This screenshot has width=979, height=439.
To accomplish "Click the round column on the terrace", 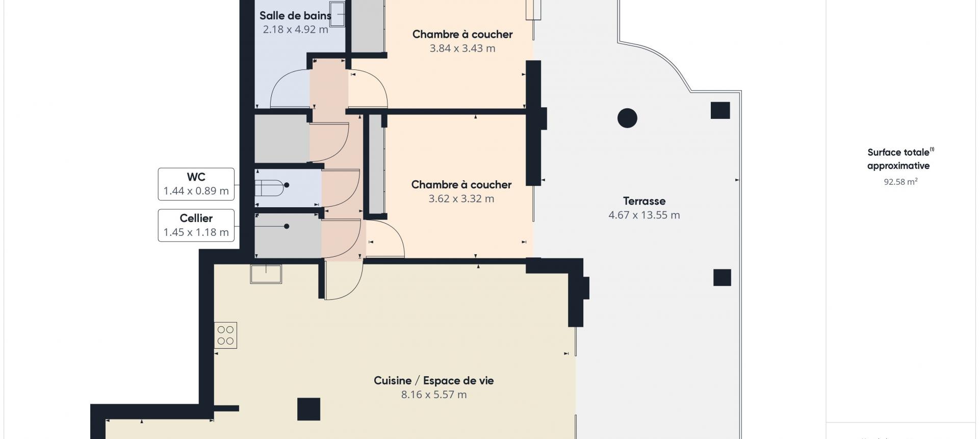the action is pos(627,118).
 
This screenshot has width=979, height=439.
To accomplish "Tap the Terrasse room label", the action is pos(644,201).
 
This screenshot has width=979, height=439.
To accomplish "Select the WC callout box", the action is pos(196,184).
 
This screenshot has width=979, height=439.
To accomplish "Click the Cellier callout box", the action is pos(196,225).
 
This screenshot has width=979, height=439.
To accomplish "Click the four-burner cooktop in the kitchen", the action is pos(225,335).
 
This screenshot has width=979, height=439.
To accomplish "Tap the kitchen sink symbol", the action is pos(266,274).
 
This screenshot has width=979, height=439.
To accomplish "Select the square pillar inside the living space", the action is pos(308,409).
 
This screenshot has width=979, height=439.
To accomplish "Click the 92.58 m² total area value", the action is pos(900,181).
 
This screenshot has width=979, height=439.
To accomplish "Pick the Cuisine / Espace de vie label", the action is pos(433,380).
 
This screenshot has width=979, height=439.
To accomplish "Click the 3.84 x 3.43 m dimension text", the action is pos(462,48).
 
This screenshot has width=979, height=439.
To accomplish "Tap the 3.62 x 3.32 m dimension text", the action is pos(461,199).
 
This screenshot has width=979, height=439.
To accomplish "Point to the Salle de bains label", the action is pos(295,16).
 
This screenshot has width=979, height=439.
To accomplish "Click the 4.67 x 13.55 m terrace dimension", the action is pos(644,215).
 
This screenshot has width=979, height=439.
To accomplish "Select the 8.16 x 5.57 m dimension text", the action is pos(434,395).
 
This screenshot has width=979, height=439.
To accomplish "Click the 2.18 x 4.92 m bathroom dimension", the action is pos(296,30).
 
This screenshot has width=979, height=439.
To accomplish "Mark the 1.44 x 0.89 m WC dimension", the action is pos(196,191).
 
